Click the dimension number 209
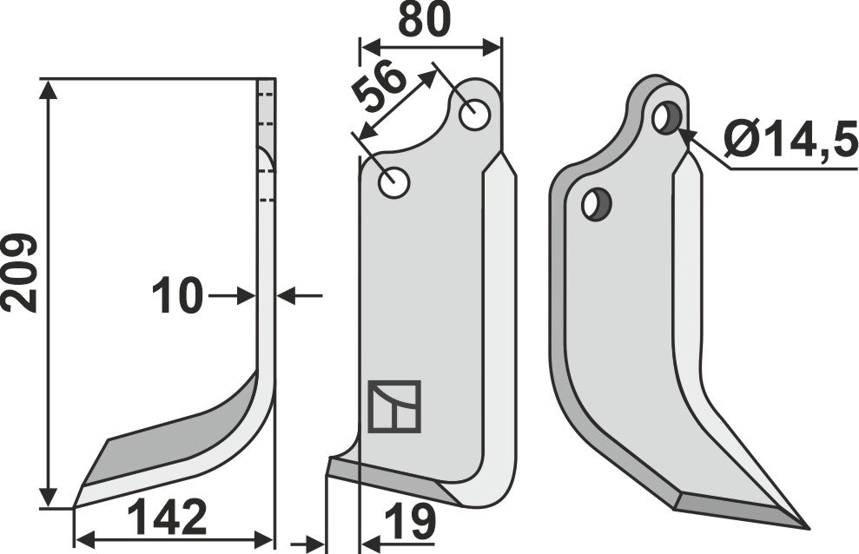coord(19,273)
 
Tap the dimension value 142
coord(167,519)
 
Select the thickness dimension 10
coord(176,296)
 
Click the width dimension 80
coord(424,21)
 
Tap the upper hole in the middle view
coord(474,115)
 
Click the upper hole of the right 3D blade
coord(667,117)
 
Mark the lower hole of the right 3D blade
coord(596,204)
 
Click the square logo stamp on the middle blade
coord(393,406)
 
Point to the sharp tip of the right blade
coord(806,526)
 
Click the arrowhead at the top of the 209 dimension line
coord(50,87)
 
